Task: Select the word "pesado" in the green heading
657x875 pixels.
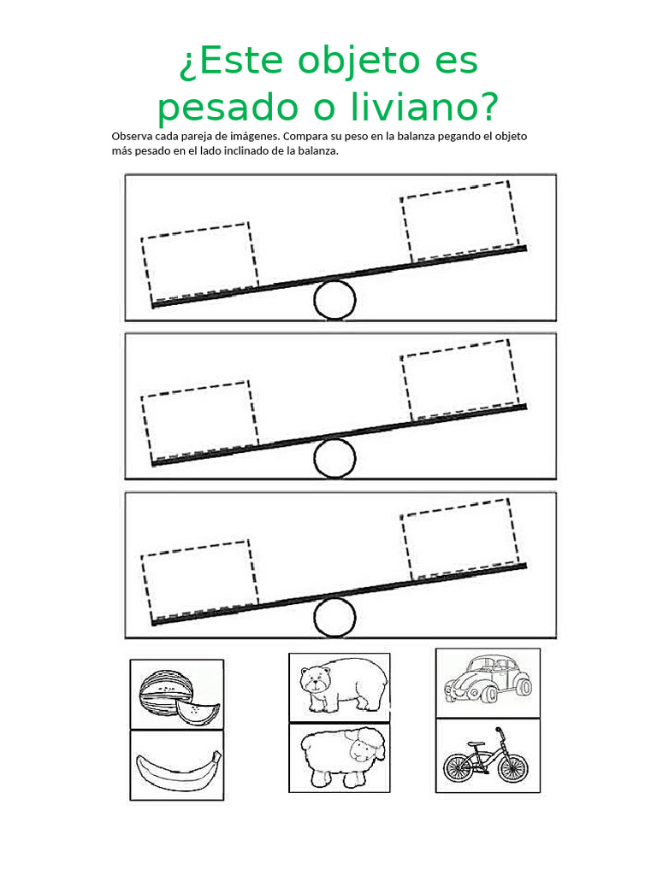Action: [216, 109]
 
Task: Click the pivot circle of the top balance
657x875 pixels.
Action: [334, 299]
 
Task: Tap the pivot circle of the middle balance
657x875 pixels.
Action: [334, 458]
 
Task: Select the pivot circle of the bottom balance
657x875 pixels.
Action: [334, 617]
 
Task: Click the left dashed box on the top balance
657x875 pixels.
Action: [199, 261]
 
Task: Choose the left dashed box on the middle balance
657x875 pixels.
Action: [199, 419]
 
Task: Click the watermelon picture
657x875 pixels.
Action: [176, 693]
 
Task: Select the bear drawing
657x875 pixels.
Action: [340, 687]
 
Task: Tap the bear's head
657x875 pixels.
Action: [314, 680]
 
